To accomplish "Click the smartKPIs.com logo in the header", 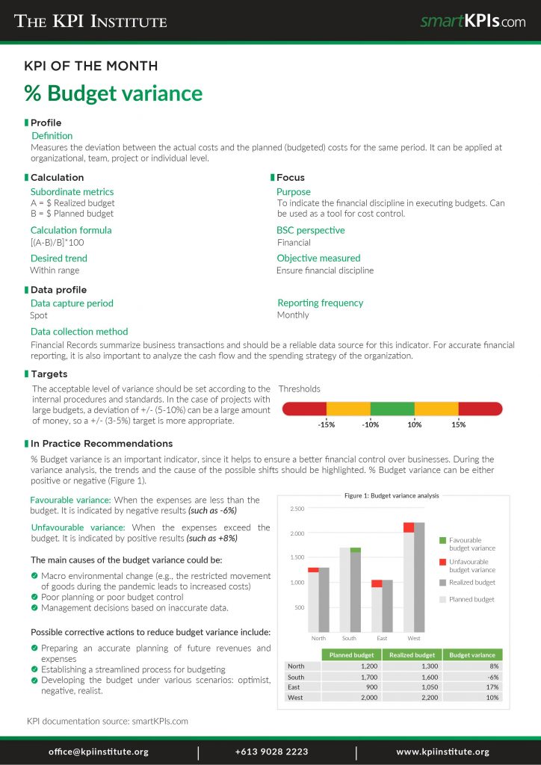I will click(472, 22).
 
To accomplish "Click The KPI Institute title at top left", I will click(91, 22).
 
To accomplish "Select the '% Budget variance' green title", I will click(114, 93).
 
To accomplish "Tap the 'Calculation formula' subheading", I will click(71, 230).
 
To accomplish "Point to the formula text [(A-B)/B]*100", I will click(57, 243).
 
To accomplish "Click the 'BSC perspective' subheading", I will click(310, 230).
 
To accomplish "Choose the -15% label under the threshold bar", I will click(326, 424).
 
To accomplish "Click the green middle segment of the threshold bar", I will click(392, 409).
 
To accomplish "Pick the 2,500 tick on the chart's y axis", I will click(297, 509).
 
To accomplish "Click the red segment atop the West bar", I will click(409, 527).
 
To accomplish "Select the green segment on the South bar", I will click(355, 550).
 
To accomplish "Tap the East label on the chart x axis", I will click(382, 638).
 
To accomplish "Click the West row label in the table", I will click(295, 697).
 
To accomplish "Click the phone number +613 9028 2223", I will click(271, 752).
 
